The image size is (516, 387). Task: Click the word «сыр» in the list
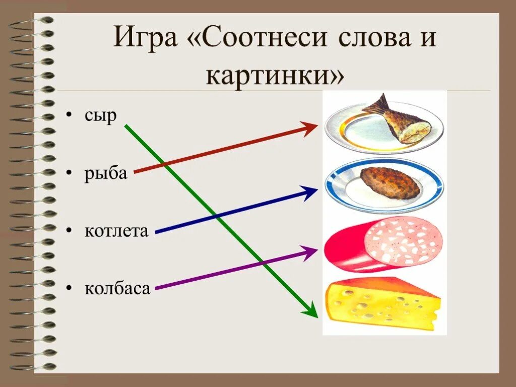point(100,116)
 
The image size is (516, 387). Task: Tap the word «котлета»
point(116,231)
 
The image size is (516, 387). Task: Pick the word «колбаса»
point(117,289)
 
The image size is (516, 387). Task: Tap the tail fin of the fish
point(378,105)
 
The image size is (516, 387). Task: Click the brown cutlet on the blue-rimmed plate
point(390,182)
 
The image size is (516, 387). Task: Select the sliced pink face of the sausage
point(403,240)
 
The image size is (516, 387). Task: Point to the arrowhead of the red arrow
point(310,128)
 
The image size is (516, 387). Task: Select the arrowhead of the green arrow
point(311,310)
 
